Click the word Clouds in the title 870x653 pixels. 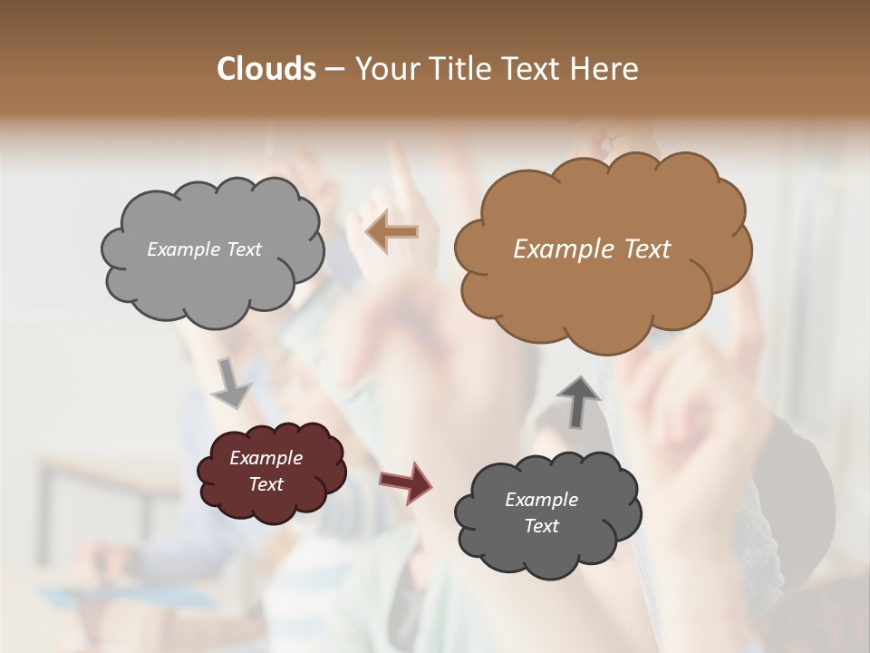click(x=266, y=69)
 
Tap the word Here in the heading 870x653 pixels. click(x=605, y=69)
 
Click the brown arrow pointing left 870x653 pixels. click(x=392, y=233)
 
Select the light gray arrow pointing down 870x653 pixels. click(x=232, y=383)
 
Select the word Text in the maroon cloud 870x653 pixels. click(x=266, y=484)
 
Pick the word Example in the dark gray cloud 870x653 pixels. click(x=541, y=500)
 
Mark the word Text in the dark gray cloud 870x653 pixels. click(x=541, y=526)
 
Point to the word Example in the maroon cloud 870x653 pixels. click(x=266, y=458)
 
